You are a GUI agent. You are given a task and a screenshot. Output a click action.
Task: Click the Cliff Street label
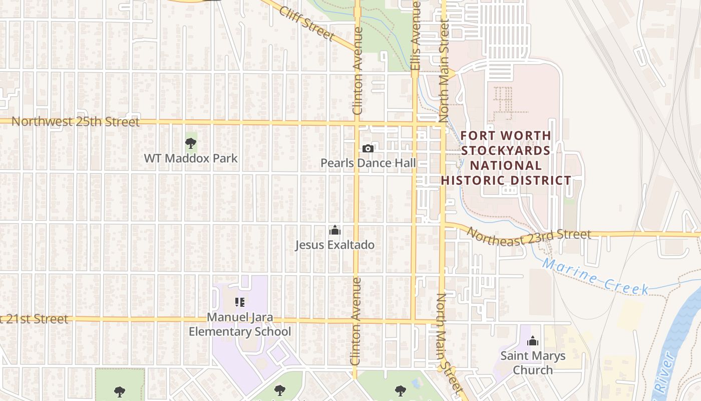pos(307,23)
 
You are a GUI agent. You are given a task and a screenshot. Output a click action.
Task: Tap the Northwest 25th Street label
pos(75,121)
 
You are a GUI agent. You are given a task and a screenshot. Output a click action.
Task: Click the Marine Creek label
pos(595,276)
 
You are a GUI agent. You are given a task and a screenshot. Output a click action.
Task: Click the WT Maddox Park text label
pos(191,158)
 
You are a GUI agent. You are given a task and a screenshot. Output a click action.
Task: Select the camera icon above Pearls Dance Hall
pos(368,148)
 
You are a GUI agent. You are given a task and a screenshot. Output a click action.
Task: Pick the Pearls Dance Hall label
pos(368,163)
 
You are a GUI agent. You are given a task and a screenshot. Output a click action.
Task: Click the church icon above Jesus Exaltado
pos(334,231)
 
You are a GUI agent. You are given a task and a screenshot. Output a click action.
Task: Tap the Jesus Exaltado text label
pos(334,245)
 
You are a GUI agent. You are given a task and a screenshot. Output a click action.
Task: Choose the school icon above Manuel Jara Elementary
pos(240,302)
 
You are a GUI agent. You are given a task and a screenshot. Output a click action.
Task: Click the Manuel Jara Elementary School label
pos(240,324)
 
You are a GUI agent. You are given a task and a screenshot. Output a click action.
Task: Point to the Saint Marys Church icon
pos(533,341)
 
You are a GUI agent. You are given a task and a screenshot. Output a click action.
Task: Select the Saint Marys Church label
pos(533,363)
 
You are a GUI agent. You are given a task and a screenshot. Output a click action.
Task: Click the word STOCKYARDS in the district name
pos(506,150)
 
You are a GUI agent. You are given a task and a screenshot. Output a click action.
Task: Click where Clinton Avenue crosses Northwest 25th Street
pos(357,122)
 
